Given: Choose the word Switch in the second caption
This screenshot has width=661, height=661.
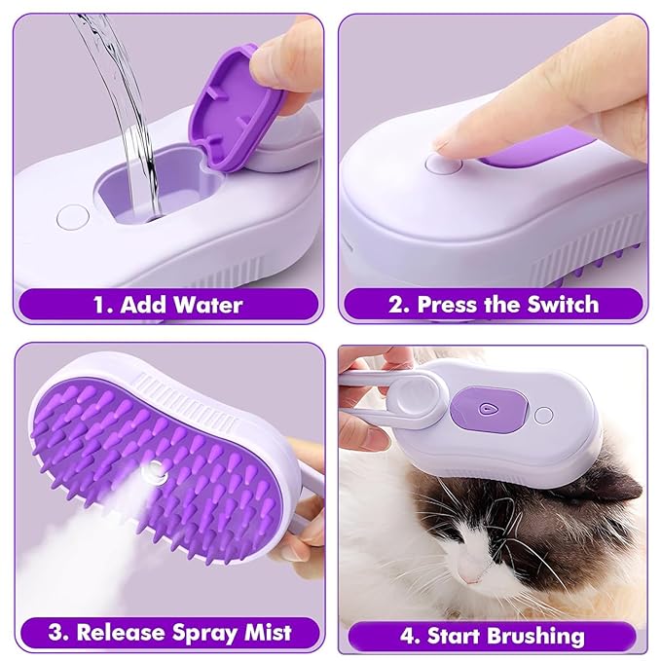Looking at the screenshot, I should pyautogui.click(x=561, y=304).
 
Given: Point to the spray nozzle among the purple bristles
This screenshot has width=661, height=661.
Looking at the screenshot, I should pyautogui.click(x=151, y=474).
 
